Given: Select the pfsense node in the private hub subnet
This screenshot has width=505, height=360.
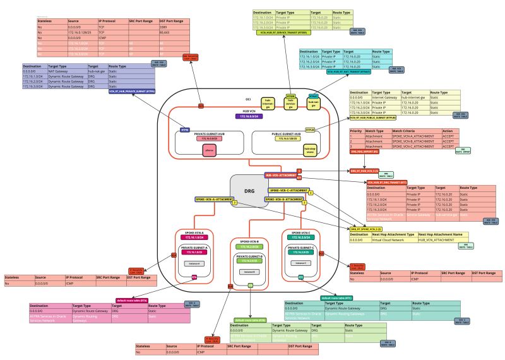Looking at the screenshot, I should [x=210, y=150].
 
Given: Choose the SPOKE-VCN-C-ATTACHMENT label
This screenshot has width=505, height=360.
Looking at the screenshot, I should [x=288, y=189].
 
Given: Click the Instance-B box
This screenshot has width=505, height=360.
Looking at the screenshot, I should [x=249, y=272].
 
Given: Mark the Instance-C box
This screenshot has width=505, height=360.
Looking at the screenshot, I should [x=302, y=262].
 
